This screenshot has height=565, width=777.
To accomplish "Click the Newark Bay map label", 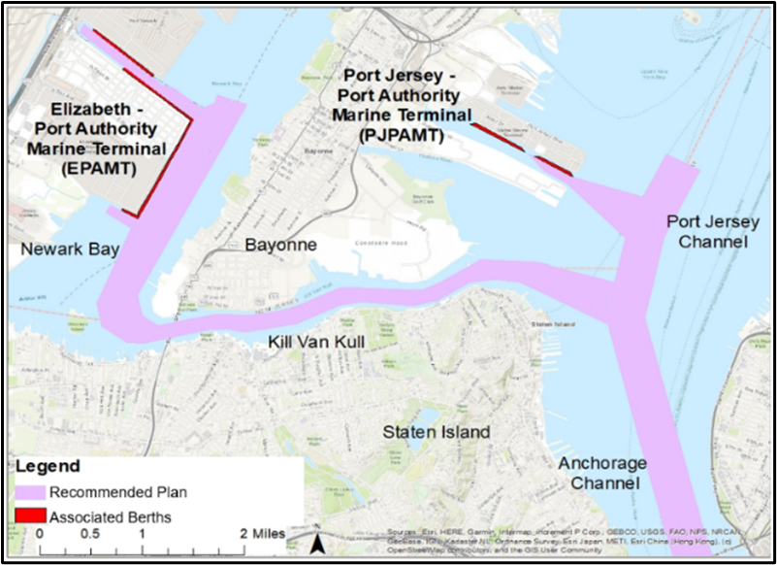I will tap(70, 249).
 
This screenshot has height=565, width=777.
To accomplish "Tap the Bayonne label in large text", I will tap(280, 245).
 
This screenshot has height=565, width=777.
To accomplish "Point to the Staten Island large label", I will tap(436, 431).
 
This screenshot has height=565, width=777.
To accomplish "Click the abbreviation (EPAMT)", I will tap(95, 169).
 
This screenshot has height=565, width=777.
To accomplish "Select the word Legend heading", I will tap(48, 467).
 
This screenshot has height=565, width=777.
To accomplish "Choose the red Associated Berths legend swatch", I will tap(30, 516).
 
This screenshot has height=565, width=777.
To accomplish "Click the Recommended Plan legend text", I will tap(117, 492).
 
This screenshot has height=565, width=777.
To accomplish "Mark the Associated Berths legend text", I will tap(110, 517).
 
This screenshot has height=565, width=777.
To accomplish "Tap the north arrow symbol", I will tap(317, 540).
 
